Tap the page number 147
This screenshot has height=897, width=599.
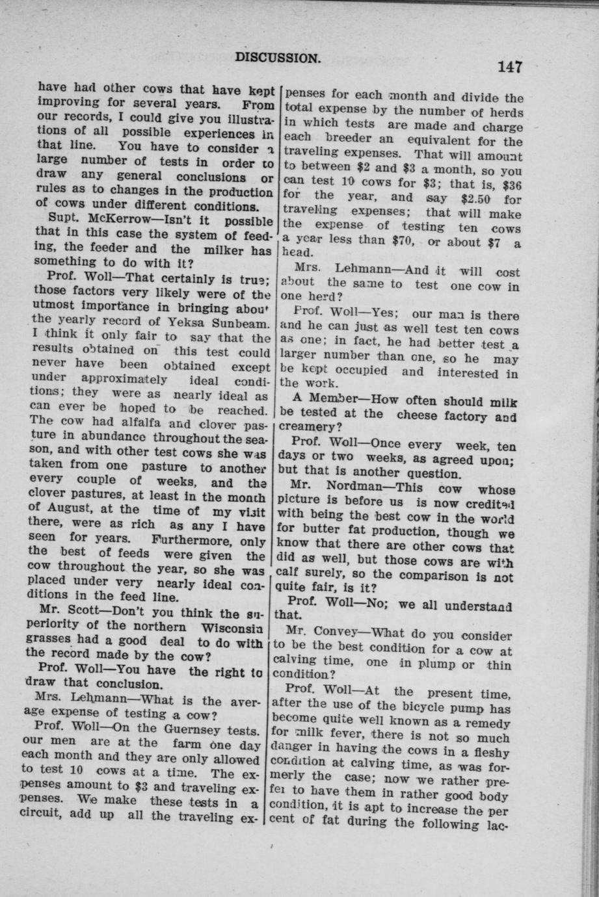pyautogui.click(x=511, y=66)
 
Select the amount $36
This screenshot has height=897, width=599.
pyautogui.click(x=510, y=183)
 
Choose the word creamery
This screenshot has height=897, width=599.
pyautogui.click(x=310, y=427)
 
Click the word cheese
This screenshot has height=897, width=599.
pyautogui.click(x=420, y=413)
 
